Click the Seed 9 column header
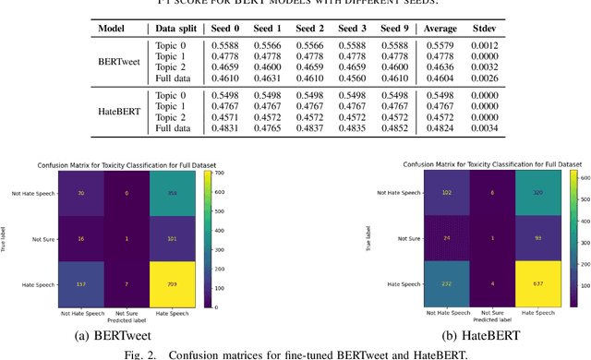[392, 28]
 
